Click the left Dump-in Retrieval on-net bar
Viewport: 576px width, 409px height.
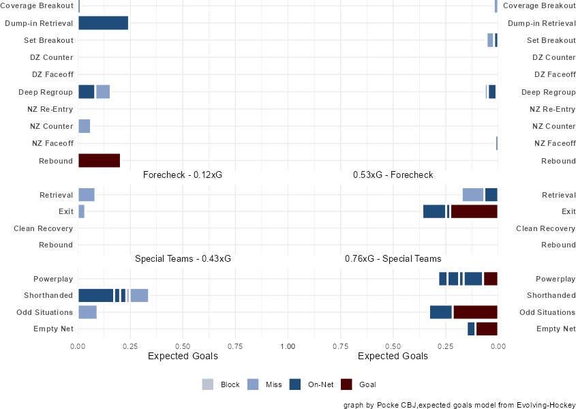[x=103, y=23]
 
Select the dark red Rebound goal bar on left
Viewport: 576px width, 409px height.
[x=99, y=161]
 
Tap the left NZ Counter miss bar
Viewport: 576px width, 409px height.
[x=84, y=126]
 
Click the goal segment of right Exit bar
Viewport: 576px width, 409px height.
[x=474, y=211]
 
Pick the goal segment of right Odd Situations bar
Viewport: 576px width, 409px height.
[x=475, y=312]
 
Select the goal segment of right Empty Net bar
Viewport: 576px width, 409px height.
[x=487, y=329]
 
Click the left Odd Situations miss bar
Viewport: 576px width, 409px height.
[x=87, y=312]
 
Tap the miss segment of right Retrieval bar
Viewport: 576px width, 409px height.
[x=472, y=195]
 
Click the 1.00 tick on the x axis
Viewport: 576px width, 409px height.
[x=288, y=346]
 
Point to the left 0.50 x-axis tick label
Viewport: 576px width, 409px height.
[x=183, y=346]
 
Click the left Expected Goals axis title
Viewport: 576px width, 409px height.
[x=183, y=357]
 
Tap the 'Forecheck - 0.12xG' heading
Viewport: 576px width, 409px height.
[x=183, y=175]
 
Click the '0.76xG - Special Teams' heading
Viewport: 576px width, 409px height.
[x=393, y=259]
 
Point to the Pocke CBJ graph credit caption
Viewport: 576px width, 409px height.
[x=459, y=404]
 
